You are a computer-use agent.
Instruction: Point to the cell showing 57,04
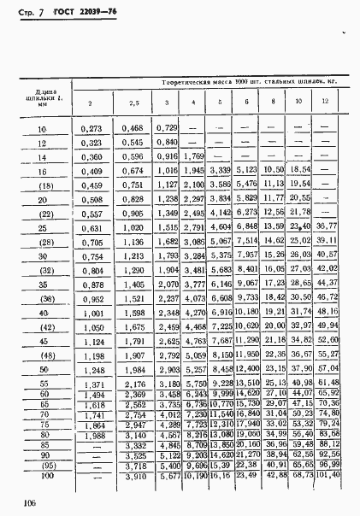(x=326, y=367)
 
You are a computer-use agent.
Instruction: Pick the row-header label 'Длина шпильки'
(x=40, y=97)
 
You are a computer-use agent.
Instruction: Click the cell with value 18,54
(x=298, y=170)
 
